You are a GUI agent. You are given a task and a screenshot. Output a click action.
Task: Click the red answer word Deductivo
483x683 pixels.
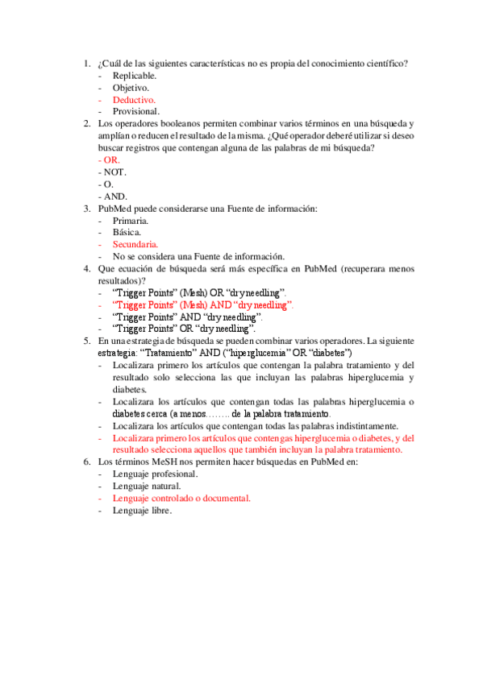coord(134,99)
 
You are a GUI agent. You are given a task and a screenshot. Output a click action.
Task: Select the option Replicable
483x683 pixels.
coord(135,75)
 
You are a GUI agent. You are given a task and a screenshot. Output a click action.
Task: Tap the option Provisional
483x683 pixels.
coord(136,111)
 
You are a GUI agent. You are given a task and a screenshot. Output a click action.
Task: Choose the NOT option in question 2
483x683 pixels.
coord(111,172)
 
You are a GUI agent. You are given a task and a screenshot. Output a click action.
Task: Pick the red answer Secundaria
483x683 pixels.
coord(135,244)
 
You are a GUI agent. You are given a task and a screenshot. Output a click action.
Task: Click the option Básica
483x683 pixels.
coord(127,232)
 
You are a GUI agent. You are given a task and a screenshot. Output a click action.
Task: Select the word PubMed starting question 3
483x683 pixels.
coord(113,209)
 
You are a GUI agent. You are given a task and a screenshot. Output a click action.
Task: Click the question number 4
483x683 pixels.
coord(86,268)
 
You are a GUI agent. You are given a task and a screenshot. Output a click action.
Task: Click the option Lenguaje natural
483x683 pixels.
coord(147,486)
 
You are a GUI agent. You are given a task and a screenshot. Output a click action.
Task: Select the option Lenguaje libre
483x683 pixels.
coord(143,510)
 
